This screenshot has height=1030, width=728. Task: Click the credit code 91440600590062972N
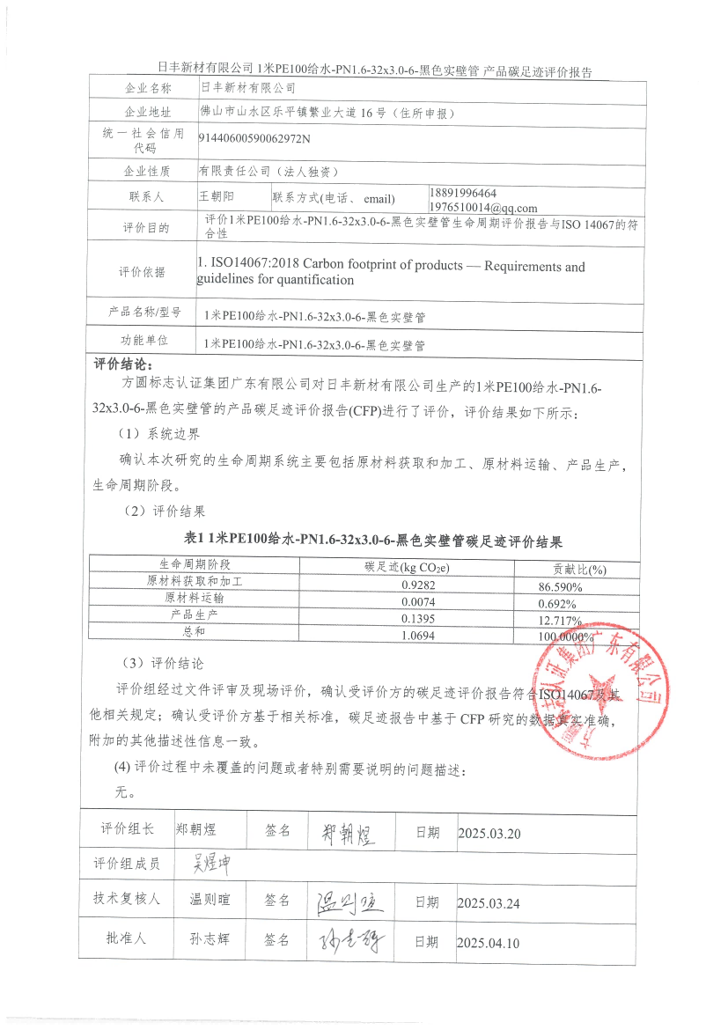pos(254,137)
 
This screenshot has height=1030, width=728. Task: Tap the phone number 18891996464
pos(463,193)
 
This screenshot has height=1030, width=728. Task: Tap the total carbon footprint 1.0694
pos(418,635)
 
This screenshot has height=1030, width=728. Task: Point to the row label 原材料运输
pos(195,598)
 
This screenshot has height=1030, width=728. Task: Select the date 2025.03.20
pos(489,833)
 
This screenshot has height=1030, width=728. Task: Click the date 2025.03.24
pos(489,902)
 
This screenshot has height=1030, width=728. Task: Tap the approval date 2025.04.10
pos(489,943)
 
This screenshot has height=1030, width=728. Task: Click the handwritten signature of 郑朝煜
pos(343,833)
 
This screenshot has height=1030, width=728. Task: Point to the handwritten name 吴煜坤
pos(205,863)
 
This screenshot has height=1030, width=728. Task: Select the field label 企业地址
pos(148,113)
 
